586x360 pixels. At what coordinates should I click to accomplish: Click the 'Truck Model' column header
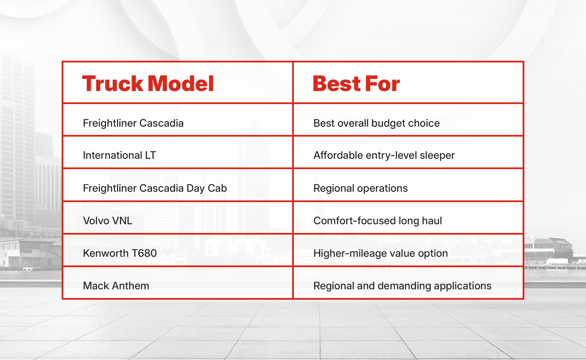point(148,84)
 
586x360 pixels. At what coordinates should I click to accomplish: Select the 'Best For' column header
point(356,84)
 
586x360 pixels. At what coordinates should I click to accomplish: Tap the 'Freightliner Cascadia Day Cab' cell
point(155,188)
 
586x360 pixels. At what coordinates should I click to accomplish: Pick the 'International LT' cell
point(119,155)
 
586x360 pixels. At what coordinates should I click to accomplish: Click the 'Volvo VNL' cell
point(108,221)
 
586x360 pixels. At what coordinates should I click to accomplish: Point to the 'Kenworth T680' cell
point(120,253)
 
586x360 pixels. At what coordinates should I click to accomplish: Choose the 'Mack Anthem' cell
point(116,286)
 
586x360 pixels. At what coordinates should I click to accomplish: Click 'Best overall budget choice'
point(376,123)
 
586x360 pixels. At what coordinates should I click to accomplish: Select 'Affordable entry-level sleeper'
point(384,155)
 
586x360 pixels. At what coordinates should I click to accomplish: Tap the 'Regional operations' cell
point(360,188)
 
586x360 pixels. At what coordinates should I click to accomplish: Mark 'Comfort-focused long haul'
point(378,221)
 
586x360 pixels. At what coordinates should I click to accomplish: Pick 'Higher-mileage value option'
point(381,253)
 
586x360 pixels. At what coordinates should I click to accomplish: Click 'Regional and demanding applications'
point(402,286)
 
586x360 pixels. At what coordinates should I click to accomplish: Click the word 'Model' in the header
point(181,84)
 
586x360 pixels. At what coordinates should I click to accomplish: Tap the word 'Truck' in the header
point(113,84)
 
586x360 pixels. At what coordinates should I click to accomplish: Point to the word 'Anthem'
point(131,286)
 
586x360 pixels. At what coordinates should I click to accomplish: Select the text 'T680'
point(144,253)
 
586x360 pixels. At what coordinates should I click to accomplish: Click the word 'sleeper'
point(437,155)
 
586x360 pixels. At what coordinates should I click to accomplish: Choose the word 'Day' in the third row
point(195,188)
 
